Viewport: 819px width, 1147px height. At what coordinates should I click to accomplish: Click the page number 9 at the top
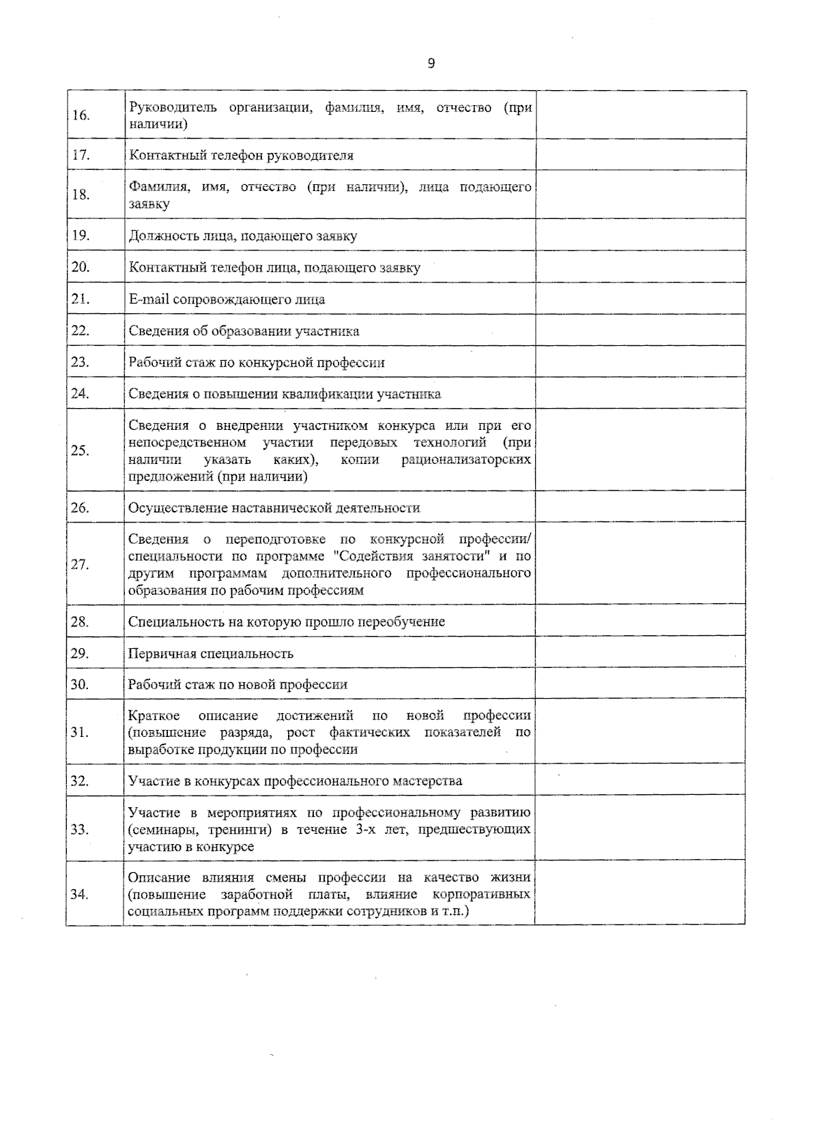coord(431,63)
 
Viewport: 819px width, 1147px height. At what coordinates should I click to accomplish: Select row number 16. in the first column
coord(81,115)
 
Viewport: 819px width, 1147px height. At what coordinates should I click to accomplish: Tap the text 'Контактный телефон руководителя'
coord(241,156)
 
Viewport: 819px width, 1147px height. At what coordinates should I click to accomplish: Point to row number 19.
coord(81,235)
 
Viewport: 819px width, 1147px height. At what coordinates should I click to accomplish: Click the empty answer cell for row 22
coord(640,330)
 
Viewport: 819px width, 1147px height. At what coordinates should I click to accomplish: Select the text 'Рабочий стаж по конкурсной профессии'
coord(257,362)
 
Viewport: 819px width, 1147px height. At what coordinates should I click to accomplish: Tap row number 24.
coord(81,394)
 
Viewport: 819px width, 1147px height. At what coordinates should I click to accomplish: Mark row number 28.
coord(81,622)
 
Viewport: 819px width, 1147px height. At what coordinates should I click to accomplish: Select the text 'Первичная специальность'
coord(211,654)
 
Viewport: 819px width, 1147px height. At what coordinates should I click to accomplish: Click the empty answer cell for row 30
coord(640,684)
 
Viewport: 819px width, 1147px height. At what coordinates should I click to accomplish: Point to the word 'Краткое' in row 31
coord(154,716)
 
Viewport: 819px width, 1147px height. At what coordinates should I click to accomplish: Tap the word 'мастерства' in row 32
coord(427,781)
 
